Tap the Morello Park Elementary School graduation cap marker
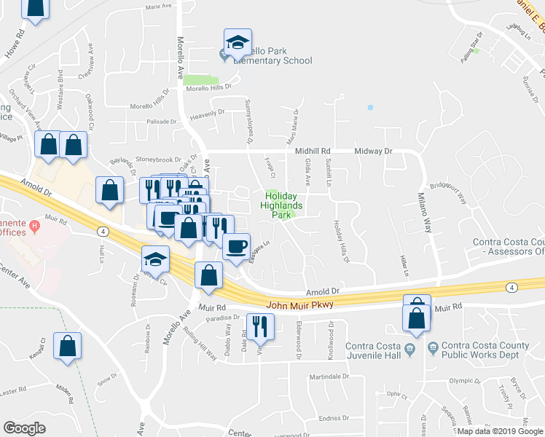pyautogui.click(x=238, y=43)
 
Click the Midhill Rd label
pyautogui.click(x=313, y=151)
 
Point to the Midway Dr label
pyautogui.click(x=373, y=151)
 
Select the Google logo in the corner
pyautogui.click(x=24, y=428)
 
